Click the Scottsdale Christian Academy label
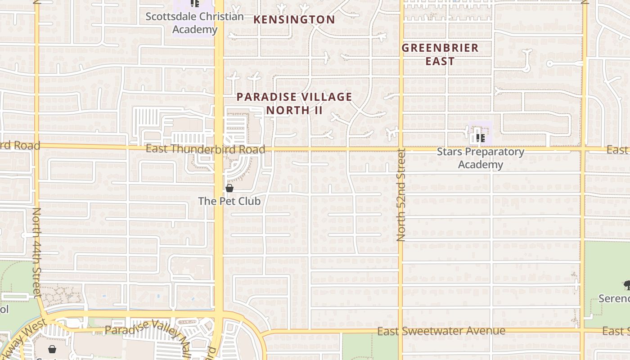[x=194, y=23]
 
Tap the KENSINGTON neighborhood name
[x=294, y=20]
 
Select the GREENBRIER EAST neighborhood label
[x=440, y=54]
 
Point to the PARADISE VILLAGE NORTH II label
[x=294, y=103]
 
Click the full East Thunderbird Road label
[x=205, y=149]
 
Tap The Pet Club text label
[x=229, y=201]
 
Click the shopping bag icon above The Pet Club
[x=229, y=188]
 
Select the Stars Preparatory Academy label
[x=481, y=158]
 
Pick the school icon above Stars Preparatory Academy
[x=480, y=138]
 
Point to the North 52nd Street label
[x=401, y=195]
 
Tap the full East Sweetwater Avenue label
[x=441, y=331]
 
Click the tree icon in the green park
[x=626, y=284]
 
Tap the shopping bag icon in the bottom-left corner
[x=52, y=349]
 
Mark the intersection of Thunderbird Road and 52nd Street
[x=400, y=149]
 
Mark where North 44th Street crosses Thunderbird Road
[x=36, y=146]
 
